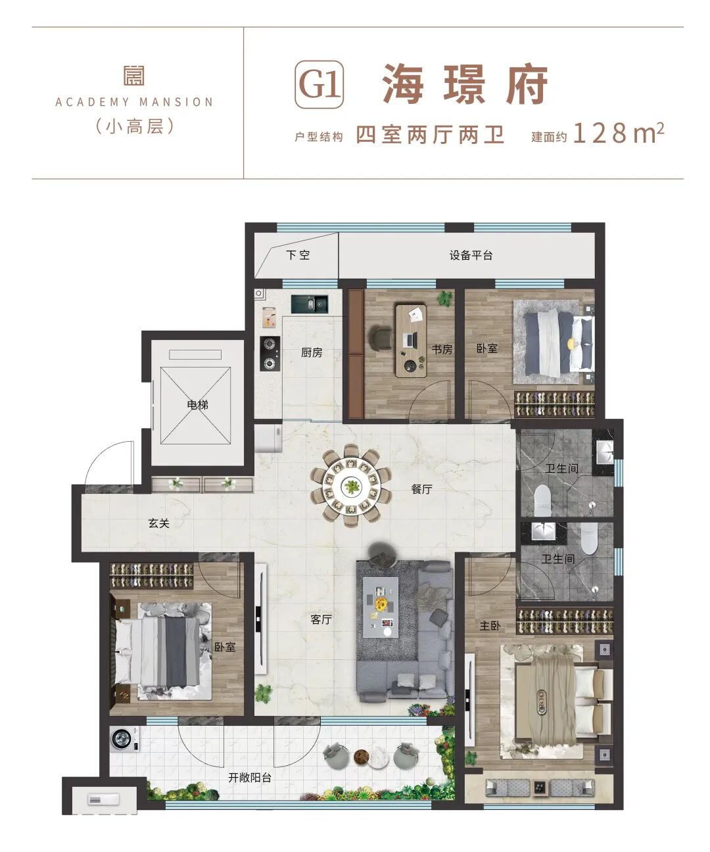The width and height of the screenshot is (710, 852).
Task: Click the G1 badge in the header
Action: tap(319, 84)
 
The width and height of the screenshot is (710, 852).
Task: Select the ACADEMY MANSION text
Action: tap(134, 102)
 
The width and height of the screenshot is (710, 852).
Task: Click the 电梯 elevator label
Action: tap(197, 405)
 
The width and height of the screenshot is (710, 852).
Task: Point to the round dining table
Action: tap(351, 486)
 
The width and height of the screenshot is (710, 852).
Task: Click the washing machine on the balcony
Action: tap(123, 738)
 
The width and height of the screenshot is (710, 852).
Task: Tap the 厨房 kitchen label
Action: tap(312, 352)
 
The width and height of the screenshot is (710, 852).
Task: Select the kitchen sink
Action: tap(310, 304)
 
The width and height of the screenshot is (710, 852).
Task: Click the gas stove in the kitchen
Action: tap(270, 354)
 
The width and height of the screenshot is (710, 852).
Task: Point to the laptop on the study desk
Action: tap(410, 339)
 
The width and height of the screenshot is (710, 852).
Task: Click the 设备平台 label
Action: tap(471, 256)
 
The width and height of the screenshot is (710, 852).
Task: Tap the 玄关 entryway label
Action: tap(158, 523)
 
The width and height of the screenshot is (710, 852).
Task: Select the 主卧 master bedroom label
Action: tap(490, 626)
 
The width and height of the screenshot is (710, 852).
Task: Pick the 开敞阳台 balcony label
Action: tap(250, 777)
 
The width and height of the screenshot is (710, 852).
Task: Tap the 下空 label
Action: tap(298, 255)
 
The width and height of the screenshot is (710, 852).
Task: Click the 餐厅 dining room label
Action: tap(421, 489)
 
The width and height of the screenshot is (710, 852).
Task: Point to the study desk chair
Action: tap(380, 338)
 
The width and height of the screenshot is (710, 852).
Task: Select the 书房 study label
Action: tap(442, 349)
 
